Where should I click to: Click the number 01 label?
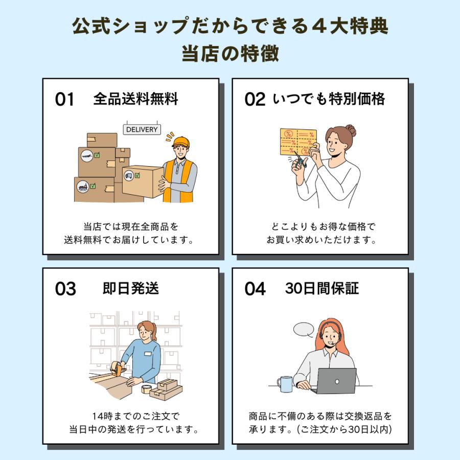65,99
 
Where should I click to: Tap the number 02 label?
255,99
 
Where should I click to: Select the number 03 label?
65,289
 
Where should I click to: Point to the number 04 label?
255,289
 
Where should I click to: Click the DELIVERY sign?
142,129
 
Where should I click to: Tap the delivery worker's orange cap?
180,141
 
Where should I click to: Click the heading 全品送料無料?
136,99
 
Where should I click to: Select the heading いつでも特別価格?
329,99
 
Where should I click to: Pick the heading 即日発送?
131,288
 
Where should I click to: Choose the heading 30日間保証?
322,288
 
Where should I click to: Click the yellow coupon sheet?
298,142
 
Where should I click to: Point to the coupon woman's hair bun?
351,130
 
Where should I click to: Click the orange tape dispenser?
119,369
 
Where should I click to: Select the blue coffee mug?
285,384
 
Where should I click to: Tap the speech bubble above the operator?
304,329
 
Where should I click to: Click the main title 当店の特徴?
230,53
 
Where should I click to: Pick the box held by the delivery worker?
142,180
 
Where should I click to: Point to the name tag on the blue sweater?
148,354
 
